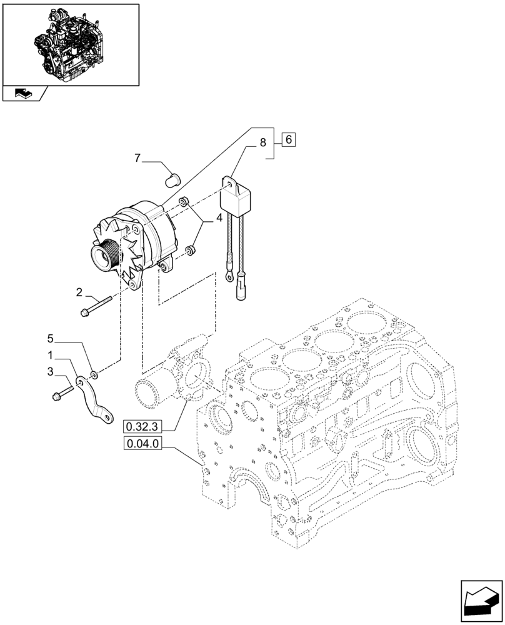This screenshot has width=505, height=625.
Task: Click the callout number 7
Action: (137, 159)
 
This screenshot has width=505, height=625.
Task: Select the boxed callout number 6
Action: (288, 140)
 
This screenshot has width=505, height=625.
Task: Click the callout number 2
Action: (79, 291)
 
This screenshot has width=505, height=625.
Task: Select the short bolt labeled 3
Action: (62, 392)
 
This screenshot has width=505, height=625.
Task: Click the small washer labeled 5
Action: (93, 375)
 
